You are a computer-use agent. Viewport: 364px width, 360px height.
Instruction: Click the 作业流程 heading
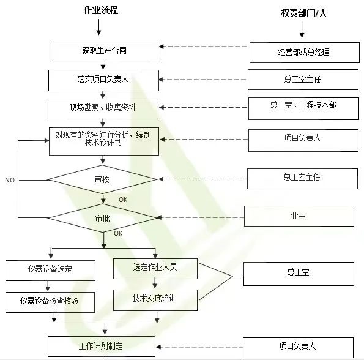tap(101, 10)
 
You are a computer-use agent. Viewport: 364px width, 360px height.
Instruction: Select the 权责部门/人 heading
tap(304, 13)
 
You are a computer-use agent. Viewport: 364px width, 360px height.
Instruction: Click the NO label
tap(10, 180)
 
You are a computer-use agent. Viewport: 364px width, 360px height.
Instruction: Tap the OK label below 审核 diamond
tap(123, 200)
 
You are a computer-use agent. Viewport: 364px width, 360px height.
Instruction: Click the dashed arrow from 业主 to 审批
tap(201, 217)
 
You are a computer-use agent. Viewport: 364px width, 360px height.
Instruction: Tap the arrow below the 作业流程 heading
tap(99, 27)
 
